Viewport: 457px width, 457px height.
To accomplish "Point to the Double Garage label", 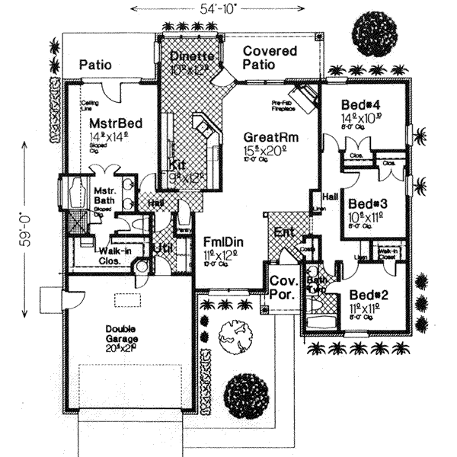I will [x=126, y=336].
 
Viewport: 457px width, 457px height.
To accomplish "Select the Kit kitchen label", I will [x=177, y=165].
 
